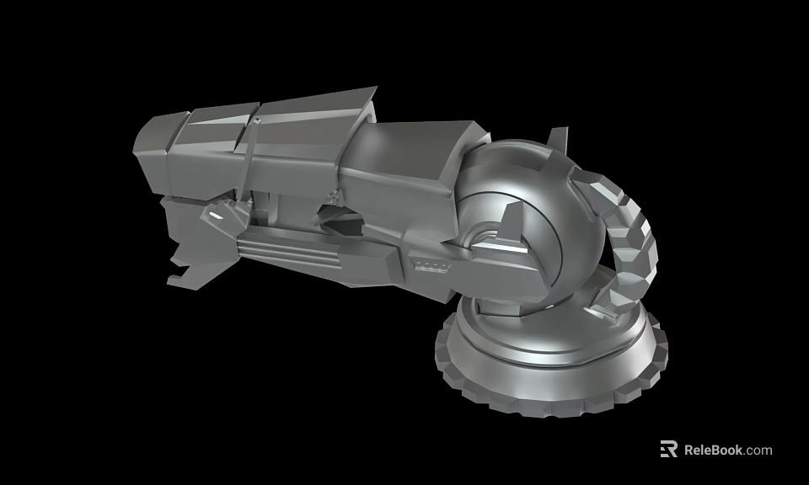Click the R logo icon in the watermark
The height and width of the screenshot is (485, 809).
668,449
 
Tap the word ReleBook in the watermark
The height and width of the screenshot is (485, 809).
713,450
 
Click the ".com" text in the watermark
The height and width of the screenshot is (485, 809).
758,450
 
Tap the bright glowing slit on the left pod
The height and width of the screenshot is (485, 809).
217,216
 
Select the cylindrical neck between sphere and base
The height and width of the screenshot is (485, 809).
506,324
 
